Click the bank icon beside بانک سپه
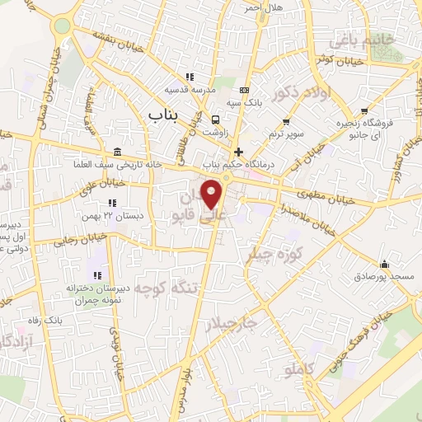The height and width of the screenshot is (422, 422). coord(243,90)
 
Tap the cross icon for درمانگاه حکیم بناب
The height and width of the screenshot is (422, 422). coord(239,152)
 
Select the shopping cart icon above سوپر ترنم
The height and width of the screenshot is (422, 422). coord(285,122)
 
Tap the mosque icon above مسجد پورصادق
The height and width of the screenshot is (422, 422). coord(384,264)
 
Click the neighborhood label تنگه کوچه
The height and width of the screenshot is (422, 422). coord(167,288)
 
